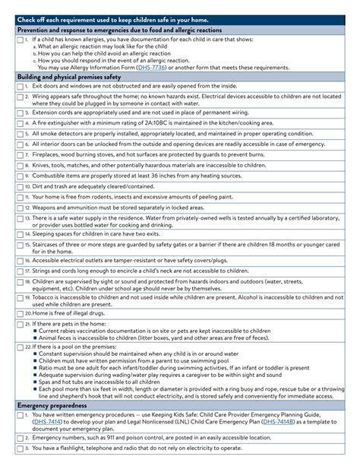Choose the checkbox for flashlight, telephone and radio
[x=19, y=448]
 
